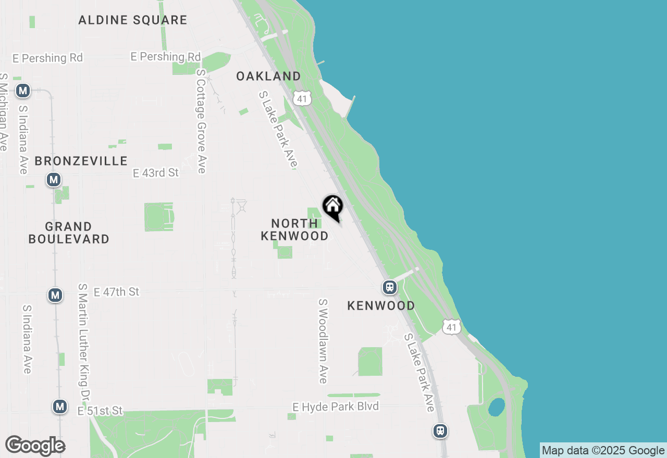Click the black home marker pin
coord(332,207)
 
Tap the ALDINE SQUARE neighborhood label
coord(132,20)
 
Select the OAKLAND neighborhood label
coord(268,76)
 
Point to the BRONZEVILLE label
coord(81,161)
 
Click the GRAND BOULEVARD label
coord(69,233)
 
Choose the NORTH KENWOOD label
coord(294,230)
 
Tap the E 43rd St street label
coord(155,173)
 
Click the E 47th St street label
coord(116,292)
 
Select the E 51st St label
coord(100,411)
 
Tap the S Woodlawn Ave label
coord(323,341)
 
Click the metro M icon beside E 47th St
coord(55,295)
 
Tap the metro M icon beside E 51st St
coord(60,406)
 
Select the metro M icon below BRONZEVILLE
coord(53,180)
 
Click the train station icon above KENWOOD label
coord(389,287)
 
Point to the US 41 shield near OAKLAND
coord(302,97)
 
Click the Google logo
coord(35,446)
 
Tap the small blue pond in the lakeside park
coord(496,407)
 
